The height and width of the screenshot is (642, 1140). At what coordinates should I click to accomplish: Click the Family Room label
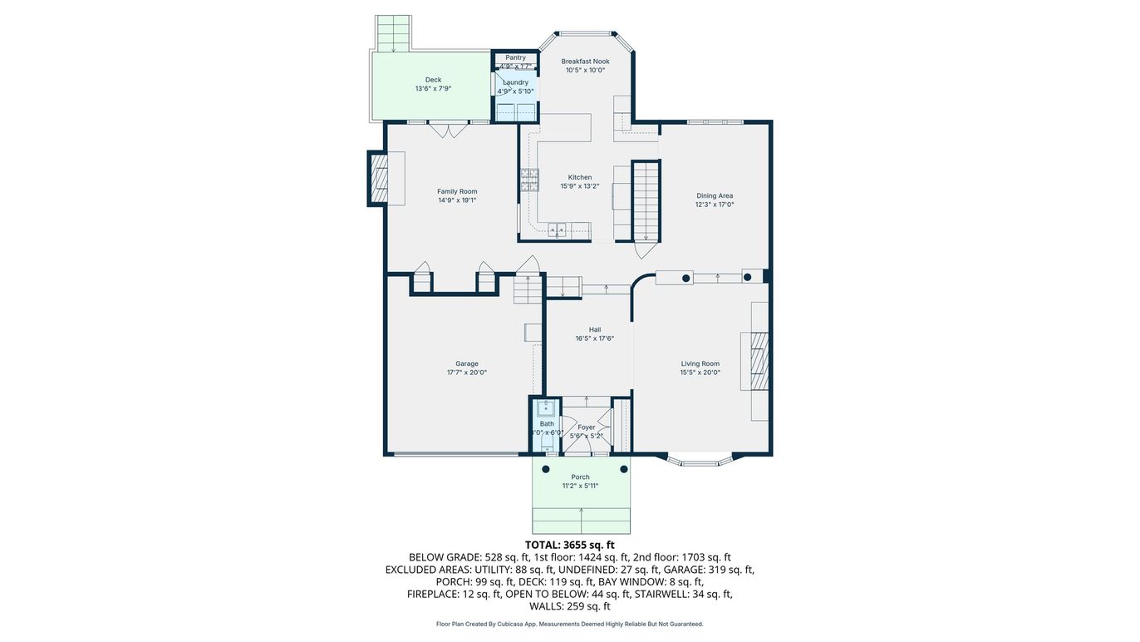457,192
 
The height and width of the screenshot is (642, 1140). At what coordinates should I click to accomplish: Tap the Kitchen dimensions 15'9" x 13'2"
579,187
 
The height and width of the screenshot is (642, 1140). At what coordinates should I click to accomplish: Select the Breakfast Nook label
585,62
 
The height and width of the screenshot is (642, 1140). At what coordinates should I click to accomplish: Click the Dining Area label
714,196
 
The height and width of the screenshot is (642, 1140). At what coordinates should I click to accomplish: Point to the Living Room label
700,363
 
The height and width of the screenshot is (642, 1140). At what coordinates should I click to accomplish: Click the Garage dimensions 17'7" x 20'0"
466,373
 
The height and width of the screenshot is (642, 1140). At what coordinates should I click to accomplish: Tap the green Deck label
433,81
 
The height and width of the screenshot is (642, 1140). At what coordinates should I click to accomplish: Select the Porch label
580,477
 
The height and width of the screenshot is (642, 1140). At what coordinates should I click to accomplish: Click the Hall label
594,329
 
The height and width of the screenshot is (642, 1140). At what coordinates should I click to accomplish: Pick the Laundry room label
515,82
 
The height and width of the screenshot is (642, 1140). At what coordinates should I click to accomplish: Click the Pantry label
515,58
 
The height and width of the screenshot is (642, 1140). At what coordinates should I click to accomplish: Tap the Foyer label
587,427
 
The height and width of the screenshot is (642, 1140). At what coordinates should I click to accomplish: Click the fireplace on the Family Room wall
379,178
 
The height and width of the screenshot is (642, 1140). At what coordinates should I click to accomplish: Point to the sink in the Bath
545,407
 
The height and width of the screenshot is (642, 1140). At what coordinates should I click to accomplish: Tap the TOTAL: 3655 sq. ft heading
569,545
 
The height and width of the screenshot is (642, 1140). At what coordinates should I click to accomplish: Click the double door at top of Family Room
450,130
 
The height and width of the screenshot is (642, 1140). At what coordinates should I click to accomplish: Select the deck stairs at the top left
394,33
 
